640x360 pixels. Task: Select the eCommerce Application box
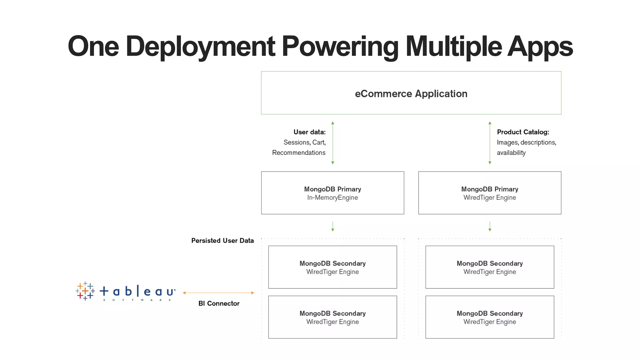[x=411, y=93]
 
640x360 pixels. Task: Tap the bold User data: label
[x=309, y=132]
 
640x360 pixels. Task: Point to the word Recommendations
[x=299, y=152]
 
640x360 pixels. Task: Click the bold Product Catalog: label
[x=523, y=132]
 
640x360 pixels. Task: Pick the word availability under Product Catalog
[x=511, y=152]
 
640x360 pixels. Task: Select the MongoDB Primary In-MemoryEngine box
[x=332, y=193]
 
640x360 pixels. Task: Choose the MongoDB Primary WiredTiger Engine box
[x=490, y=193]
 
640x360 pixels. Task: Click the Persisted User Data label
[x=222, y=241]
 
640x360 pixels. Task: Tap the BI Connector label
[x=219, y=303]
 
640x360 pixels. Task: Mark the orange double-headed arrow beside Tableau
[x=218, y=293]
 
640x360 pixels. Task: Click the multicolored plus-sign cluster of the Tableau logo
[x=85, y=291]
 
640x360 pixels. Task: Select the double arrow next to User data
[x=333, y=143]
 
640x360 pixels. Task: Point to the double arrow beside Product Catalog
[x=490, y=143]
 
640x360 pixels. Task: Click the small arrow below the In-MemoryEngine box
[x=333, y=227]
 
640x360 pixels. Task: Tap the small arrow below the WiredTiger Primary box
[x=490, y=227]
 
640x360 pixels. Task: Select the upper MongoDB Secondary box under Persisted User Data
[x=332, y=267]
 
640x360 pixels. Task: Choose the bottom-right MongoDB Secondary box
[x=490, y=317]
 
